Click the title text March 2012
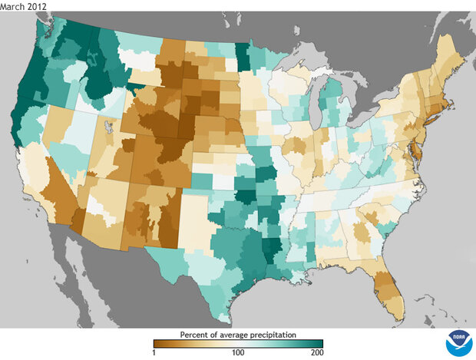coord(24,6)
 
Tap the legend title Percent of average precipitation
coord(238,335)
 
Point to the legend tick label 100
coord(238,352)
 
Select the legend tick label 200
coord(316,352)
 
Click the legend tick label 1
coord(154,352)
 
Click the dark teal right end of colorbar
coord(319,343)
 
